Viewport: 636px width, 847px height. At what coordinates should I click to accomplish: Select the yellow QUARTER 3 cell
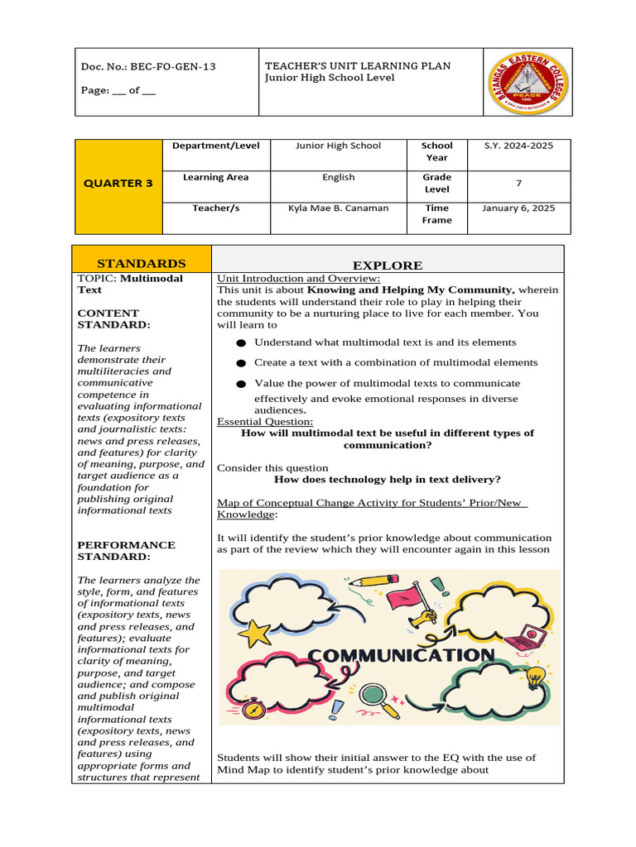click(118, 184)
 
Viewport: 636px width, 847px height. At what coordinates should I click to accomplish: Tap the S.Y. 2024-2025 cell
click(518, 146)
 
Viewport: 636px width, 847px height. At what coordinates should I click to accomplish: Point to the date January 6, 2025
click(518, 208)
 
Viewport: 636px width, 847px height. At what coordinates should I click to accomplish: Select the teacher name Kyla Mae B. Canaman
click(338, 208)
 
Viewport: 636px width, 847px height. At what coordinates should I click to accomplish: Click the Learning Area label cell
click(215, 177)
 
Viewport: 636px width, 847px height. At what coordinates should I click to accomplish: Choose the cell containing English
click(338, 177)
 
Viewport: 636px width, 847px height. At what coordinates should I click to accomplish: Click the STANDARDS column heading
click(142, 264)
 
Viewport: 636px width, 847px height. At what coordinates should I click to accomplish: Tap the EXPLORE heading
click(388, 266)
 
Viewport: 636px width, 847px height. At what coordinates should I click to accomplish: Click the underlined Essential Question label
click(265, 422)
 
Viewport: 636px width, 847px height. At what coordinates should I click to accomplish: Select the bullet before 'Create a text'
click(240, 363)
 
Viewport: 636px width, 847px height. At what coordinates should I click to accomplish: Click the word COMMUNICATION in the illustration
click(401, 656)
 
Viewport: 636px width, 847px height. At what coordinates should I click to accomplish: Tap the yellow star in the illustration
click(255, 633)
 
